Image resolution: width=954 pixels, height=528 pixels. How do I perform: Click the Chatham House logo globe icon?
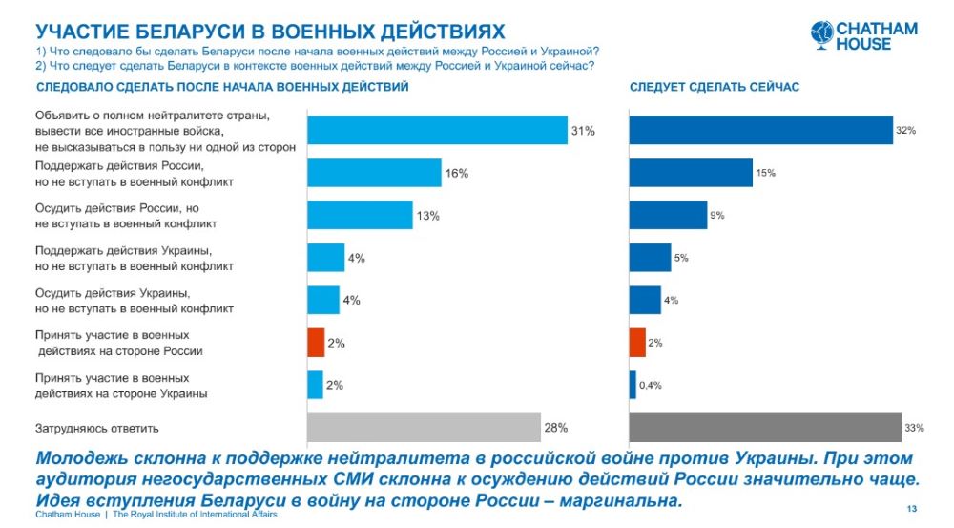(821, 34)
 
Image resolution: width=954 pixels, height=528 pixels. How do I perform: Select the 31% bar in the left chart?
(437, 129)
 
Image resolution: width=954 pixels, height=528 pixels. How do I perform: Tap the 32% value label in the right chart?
(905, 130)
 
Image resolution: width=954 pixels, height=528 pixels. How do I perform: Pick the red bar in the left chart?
(316, 343)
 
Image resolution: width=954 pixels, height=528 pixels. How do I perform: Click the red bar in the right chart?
(637, 342)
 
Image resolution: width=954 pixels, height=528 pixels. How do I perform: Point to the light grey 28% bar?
(424, 428)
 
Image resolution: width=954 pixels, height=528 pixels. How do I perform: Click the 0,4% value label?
(650, 385)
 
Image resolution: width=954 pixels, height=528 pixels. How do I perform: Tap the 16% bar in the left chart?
(374, 173)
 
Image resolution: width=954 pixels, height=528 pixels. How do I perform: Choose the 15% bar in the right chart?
(691, 173)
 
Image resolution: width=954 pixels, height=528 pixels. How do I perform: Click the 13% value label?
(426, 216)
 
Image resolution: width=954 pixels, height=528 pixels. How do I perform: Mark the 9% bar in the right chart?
(668, 215)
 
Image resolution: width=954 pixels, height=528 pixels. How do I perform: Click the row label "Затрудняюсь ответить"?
(96, 429)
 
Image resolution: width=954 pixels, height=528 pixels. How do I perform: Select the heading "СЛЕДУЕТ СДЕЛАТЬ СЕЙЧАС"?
(714, 87)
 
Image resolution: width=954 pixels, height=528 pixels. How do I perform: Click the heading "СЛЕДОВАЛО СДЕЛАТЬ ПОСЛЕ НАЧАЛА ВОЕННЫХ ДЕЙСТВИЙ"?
(222, 87)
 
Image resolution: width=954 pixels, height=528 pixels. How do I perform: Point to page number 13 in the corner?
(912, 507)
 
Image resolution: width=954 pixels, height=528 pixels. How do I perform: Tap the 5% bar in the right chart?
(650, 258)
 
